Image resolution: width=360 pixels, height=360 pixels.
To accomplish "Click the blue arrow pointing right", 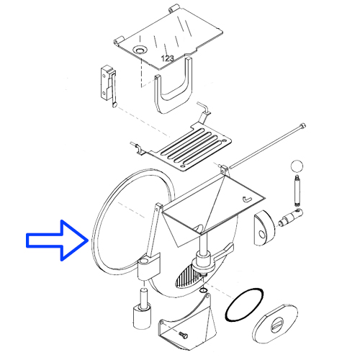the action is point(56,240).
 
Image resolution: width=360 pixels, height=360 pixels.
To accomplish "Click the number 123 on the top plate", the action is point(167,58).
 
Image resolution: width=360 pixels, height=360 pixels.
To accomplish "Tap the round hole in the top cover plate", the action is point(140,50).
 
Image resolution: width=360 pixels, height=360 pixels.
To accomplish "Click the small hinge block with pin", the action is point(108,86).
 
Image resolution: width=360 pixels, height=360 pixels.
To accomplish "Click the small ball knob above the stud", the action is point(297,166).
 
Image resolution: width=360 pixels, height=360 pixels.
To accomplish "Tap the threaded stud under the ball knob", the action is point(297,190).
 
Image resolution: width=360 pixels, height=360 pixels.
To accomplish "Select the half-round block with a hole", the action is point(264,228).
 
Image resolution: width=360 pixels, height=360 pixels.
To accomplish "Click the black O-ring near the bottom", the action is point(245,305).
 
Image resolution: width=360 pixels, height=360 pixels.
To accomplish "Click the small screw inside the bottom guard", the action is point(183,335).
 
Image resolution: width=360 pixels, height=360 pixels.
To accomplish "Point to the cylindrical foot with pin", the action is point(142,309).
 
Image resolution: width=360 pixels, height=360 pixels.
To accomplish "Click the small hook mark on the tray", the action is point(247,199).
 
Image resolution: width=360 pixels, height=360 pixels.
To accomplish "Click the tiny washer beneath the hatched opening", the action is point(203,291).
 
